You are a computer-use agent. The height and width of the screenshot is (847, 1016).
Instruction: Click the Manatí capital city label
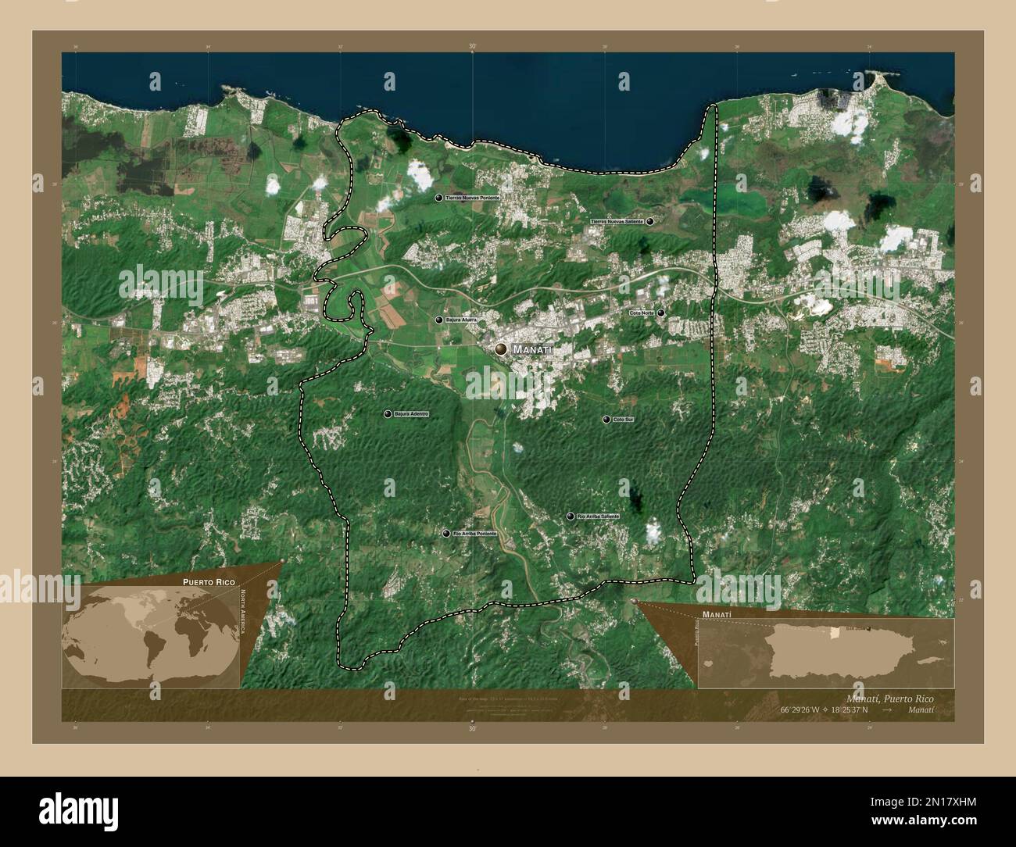[x=533, y=351]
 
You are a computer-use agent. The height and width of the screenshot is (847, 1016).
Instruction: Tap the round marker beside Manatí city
[x=500, y=349]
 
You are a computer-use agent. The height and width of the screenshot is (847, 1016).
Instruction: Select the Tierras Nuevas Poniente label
[x=472, y=198]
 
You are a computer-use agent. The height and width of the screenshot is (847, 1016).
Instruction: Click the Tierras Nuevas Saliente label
[x=617, y=222]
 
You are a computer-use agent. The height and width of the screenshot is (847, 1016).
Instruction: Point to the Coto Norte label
[x=642, y=313]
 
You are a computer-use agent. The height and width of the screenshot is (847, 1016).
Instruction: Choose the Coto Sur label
[x=623, y=420]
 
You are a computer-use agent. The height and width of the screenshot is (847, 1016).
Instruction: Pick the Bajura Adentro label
[x=411, y=413]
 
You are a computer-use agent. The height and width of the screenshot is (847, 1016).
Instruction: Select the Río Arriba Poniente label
[x=474, y=534]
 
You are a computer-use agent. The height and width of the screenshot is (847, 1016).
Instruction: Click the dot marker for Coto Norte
[x=661, y=313]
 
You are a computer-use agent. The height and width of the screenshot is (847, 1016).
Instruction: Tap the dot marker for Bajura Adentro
[x=388, y=413]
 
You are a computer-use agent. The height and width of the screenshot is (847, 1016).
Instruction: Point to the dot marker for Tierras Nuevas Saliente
[x=650, y=222]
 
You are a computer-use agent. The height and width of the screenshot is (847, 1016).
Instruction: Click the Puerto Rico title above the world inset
[x=209, y=582]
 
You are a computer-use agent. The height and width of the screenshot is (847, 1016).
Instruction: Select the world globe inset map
[x=149, y=636]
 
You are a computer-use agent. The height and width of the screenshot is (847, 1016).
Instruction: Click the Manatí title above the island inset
[x=717, y=615]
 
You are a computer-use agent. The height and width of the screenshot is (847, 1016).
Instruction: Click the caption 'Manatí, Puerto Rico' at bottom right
[x=889, y=697]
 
